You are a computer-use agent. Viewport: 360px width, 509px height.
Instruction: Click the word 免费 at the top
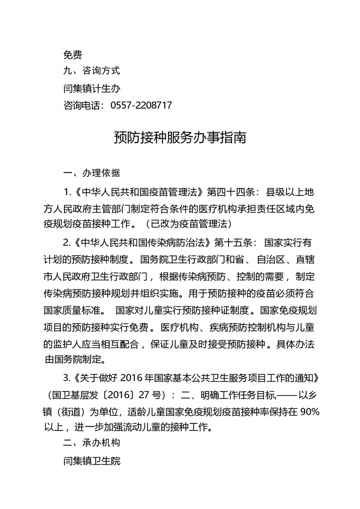coord(73,54)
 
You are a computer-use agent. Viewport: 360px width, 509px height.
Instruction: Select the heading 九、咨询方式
coord(91,71)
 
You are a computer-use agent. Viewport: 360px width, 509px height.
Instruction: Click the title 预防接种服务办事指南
coord(180,137)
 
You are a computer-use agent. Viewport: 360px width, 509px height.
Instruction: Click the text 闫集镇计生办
coord(92,88)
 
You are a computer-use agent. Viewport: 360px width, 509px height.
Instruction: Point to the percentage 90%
coord(309,411)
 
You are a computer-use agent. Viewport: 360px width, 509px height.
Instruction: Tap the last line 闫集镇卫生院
coord(92,461)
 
